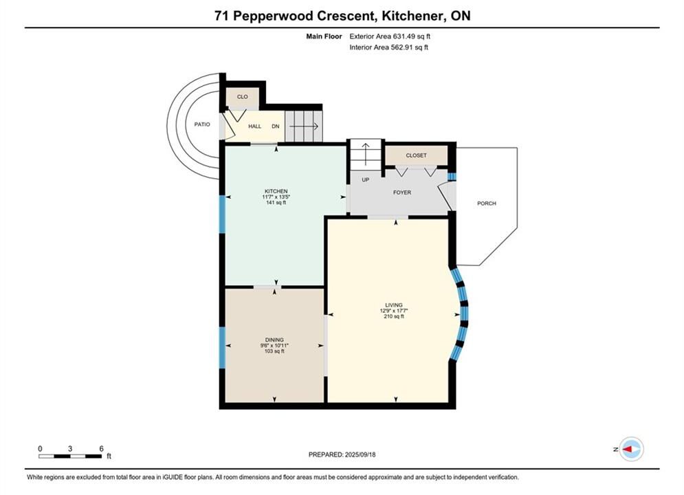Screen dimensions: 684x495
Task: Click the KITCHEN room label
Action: click(x=276, y=191)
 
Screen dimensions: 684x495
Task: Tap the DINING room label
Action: click(x=274, y=340)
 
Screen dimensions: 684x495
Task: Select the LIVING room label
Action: click(x=394, y=305)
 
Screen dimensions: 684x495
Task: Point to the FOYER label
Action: click(x=402, y=192)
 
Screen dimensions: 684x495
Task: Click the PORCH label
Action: click(x=487, y=203)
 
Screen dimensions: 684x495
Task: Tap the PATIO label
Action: click(x=202, y=124)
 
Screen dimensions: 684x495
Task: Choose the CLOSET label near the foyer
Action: click(x=416, y=155)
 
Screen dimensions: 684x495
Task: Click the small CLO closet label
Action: click(x=243, y=97)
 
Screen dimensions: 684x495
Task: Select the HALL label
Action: click(x=255, y=126)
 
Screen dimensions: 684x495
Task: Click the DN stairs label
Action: click(x=275, y=126)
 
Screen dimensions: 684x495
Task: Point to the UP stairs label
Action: click(x=366, y=179)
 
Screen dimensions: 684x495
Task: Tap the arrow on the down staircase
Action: click(x=304, y=126)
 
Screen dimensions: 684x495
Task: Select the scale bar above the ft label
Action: click(x=70, y=456)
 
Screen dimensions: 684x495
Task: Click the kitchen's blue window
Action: click(x=222, y=214)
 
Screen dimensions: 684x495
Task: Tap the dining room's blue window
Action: click(x=222, y=348)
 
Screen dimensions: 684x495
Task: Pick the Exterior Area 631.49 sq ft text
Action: click(x=390, y=36)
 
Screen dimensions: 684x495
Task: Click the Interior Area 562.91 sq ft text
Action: click(x=388, y=47)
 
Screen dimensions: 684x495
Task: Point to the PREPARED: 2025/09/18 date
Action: click(x=342, y=454)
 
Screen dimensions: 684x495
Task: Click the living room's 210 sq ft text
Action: click(x=394, y=317)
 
